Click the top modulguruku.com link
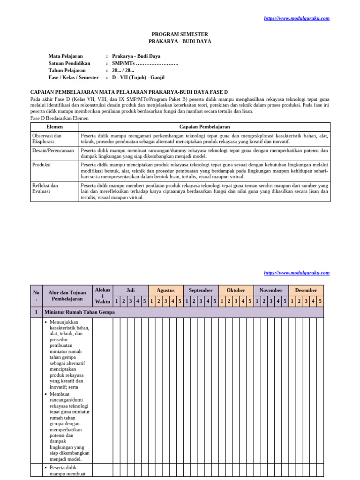click(297, 18)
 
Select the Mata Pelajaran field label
click(66, 56)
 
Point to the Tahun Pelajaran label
click(67, 70)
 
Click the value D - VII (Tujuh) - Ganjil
click(138, 77)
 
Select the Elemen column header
click(54, 127)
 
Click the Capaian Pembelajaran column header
click(204, 127)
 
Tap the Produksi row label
click(41, 165)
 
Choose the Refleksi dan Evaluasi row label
click(45, 188)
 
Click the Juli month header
click(131, 290)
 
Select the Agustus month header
click(165, 290)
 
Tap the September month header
click(201, 290)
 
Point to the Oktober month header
click(236, 290)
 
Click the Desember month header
click(306, 290)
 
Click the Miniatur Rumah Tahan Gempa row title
click(79, 312)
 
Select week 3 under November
click(271, 300)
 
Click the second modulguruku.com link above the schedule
click(297, 272)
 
